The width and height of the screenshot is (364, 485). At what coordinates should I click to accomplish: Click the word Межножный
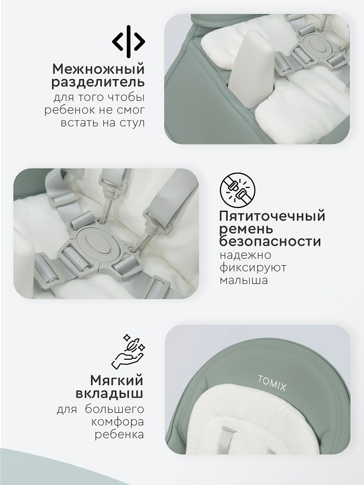(x=98, y=69)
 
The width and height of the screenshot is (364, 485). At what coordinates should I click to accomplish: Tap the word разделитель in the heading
(x=98, y=83)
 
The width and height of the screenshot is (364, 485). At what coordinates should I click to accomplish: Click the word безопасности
(x=270, y=241)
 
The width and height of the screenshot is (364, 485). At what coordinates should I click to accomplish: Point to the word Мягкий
(x=116, y=381)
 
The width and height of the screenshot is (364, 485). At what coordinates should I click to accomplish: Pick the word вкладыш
(x=109, y=394)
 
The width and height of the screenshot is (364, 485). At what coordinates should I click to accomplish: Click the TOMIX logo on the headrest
(x=272, y=383)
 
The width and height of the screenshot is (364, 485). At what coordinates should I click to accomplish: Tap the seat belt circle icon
(x=238, y=190)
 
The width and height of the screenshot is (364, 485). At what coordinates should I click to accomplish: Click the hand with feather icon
(x=128, y=352)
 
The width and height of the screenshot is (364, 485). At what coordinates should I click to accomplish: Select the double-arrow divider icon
(x=128, y=42)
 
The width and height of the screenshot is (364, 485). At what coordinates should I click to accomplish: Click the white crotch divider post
(x=251, y=70)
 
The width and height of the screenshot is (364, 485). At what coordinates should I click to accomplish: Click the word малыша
(x=243, y=281)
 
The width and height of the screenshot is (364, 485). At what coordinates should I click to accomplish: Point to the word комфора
(x=118, y=423)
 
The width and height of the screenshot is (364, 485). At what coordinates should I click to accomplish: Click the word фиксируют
(x=253, y=268)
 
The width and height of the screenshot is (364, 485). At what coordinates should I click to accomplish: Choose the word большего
(x=114, y=410)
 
